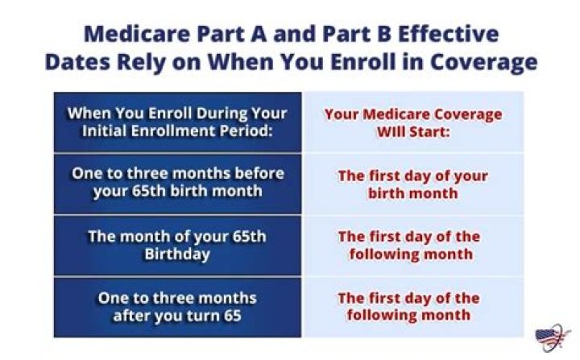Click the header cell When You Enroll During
pyautogui.click(x=177, y=122)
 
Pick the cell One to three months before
pyautogui.click(x=177, y=183)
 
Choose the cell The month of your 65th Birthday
pyautogui.click(x=177, y=246)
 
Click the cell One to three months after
pyautogui.click(x=177, y=306)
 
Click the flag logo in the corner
pyautogui.click(x=552, y=337)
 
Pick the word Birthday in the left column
pyautogui.click(x=177, y=254)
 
